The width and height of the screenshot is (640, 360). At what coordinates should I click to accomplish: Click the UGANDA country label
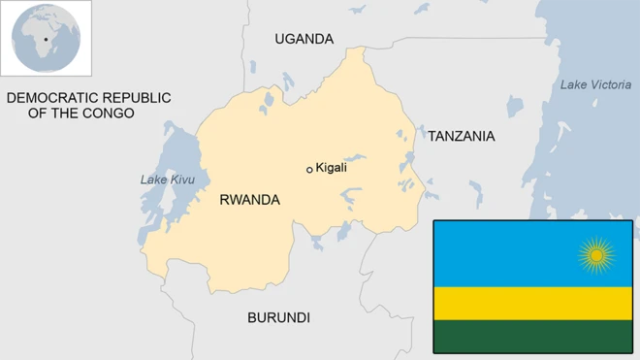coord(304,39)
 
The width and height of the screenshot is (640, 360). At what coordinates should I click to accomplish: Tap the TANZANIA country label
coord(461,136)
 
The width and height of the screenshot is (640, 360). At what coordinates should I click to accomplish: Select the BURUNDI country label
coord(278,317)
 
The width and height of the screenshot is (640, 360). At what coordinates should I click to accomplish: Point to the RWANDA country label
coord(249,200)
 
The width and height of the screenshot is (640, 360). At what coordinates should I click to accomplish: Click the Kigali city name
coord(332,168)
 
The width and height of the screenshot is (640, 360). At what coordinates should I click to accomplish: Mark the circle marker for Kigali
coord(309,170)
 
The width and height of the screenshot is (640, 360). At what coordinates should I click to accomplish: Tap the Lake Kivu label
coord(168,180)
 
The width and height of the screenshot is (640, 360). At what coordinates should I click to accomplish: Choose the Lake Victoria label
coord(595,85)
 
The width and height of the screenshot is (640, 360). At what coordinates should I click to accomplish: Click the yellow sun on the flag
coord(596,255)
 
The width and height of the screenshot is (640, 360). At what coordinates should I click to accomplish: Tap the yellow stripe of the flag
coord(532,303)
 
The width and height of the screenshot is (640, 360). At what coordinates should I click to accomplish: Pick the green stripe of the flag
coord(532,337)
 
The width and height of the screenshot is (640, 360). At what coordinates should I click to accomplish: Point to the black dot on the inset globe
coord(46,40)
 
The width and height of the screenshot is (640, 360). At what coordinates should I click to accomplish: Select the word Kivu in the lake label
coord(182,180)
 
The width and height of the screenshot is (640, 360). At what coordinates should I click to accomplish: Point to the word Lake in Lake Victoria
coord(572,85)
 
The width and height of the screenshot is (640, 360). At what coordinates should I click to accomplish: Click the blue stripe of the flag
coord(504,252)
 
